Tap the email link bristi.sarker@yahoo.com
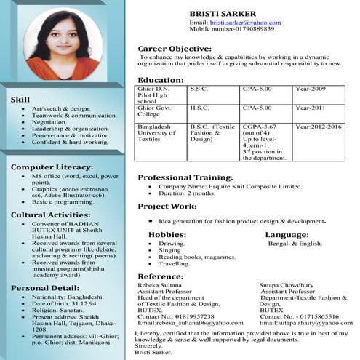pyautogui.click(x=245, y=23)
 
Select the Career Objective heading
pyautogui.click(x=175, y=49)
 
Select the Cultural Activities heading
pyautogui.click(x=49, y=215)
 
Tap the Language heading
pyautogui.click(x=287, y=234)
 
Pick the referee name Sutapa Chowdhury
pyautogui.click(x=287, y=286)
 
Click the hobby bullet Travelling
pyautogui.click(x=174, y=263)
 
